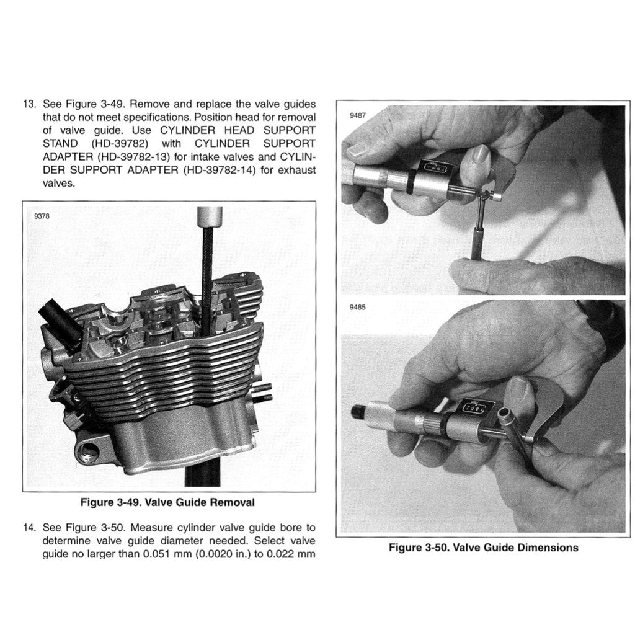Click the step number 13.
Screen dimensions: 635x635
click(29, 104)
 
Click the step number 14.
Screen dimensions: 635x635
click(29, 528)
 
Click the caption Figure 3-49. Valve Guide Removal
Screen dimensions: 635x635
click(167, 502)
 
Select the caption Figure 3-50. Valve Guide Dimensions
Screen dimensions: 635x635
click(483, 548)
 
